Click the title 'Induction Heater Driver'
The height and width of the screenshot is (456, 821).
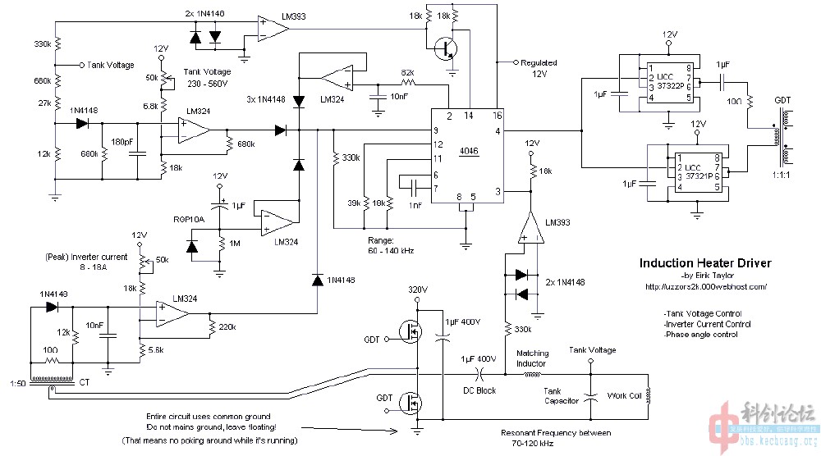pyautogui.click(x=705, y=263)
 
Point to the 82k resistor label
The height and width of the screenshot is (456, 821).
pyautogui.click(x=406, y=73)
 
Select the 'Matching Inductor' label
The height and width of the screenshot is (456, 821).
pyautogui.click(x=531, y=359)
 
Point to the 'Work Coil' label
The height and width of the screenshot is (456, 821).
pyautogui.click(x=624, y=395)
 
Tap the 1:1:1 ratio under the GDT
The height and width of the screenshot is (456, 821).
pyautogui.click(x=781, y=175)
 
